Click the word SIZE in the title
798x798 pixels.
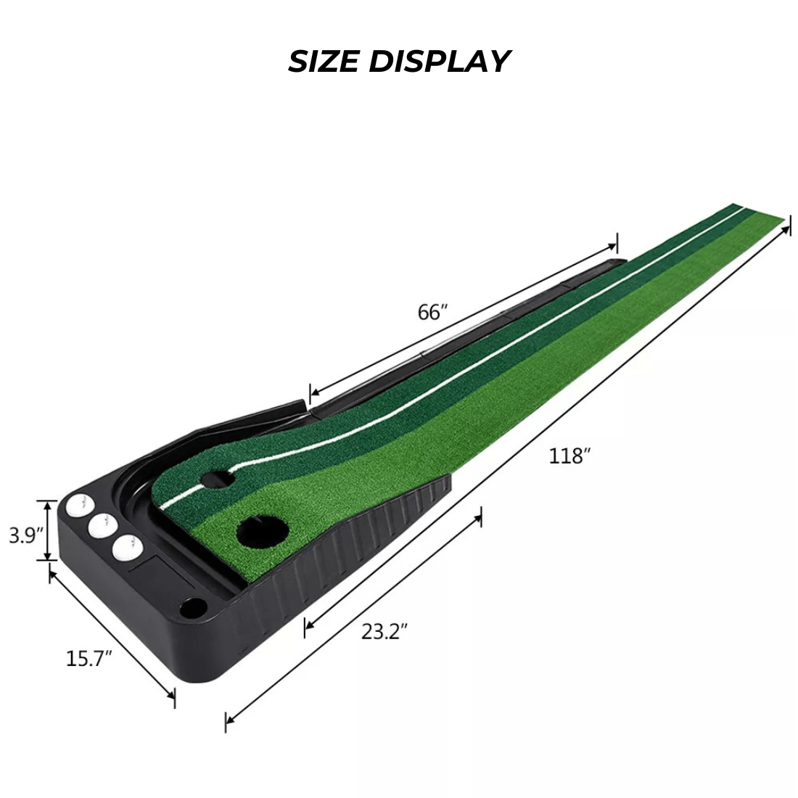pyautogui.click(x=324, y=61)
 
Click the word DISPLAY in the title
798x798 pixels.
pyautogui.click(x=439, y=61)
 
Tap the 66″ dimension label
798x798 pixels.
pyautogui.click(x=432, y=312)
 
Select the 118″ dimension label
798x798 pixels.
pyautogui.click(x=570, y=456)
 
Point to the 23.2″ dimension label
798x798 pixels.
pyautogui.click(x=384, y=632)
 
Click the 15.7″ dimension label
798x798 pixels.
pyautogui.click(x=89, y=659)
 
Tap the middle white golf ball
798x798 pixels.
pyautogui.click(x=102, y=526)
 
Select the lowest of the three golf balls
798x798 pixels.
pyautogui.click(x=127, y=548)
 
